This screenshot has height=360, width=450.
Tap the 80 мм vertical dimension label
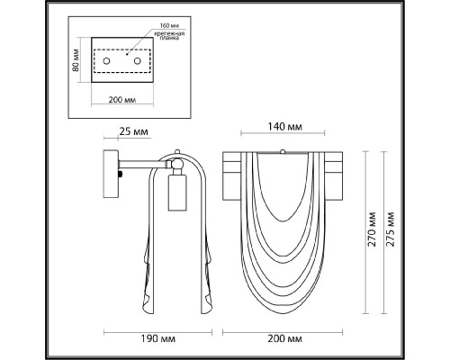[x=76, y=60]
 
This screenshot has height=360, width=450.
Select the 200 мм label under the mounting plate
[x=121, y=100]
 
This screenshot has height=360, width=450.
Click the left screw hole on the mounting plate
[x=106, y=61]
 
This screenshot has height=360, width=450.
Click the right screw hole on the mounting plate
[x=138, y=61]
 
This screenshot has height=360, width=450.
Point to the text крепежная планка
[x=169, y=36]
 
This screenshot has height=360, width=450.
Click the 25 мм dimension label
[x=133, y=131]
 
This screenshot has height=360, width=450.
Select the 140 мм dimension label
[x=284, y=127]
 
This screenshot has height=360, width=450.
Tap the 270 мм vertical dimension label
[x=373, y=229]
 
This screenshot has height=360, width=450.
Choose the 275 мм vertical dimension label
[x=390, y=229]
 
